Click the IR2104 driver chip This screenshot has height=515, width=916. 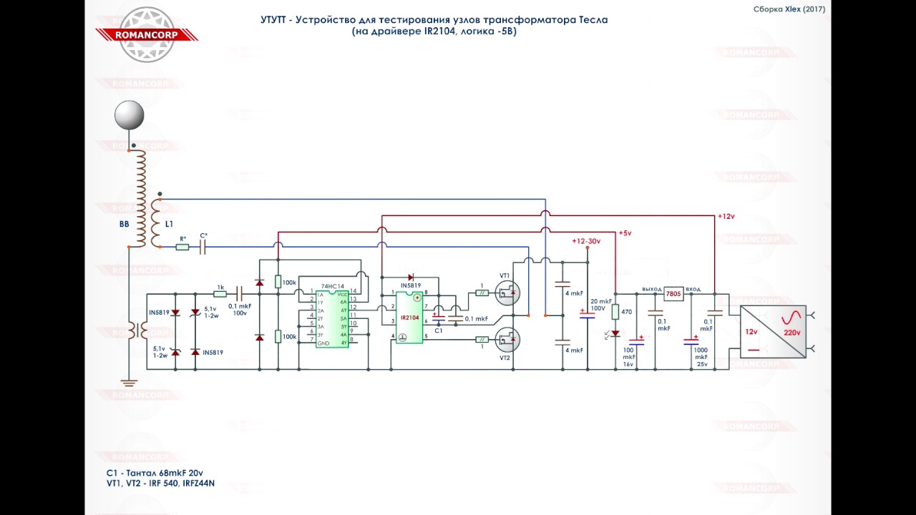(409, 318)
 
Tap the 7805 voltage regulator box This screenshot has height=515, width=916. (673, 293)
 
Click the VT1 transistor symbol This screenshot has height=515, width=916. (507, 293)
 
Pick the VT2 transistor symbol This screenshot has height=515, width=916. (507, 340)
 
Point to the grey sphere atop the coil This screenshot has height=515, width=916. (130, 115)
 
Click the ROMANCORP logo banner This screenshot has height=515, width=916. (147, 34)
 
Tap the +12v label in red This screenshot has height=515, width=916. (726, 216)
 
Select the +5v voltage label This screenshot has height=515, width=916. (625, 233)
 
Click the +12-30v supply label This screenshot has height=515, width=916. (586, 241)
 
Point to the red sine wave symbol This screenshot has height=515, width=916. (791, 318)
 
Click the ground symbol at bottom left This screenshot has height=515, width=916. (129, 383)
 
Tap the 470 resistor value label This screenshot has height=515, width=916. (626, 312)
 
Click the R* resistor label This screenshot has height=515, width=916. (182, 238)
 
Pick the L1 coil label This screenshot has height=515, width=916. (169, 224)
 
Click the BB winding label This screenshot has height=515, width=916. (125, 224)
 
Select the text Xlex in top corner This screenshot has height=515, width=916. (793, 9)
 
